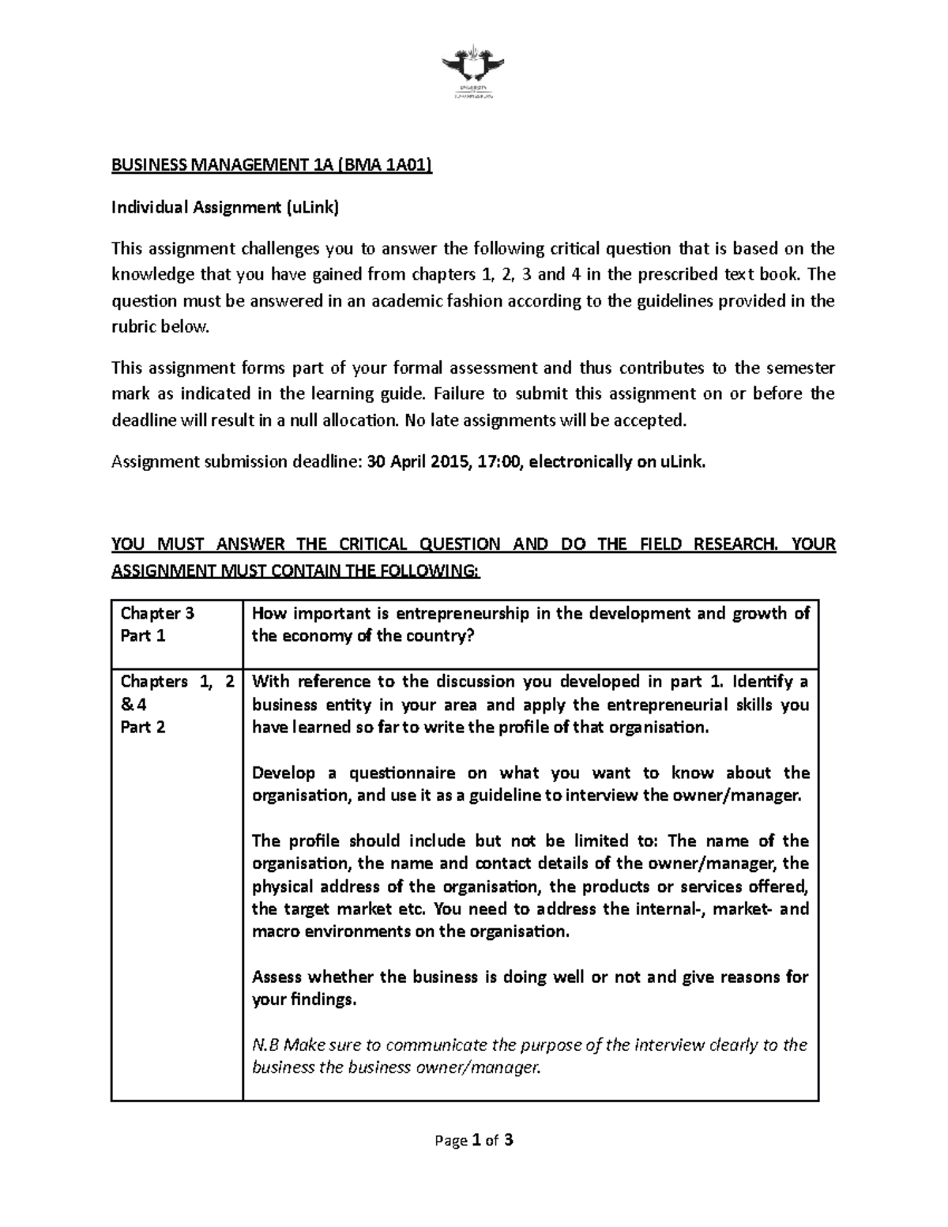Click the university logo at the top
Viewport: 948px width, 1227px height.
(473, 75)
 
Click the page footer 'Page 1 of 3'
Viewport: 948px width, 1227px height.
(473, 1140)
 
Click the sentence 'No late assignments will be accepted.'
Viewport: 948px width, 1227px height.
(546, 420)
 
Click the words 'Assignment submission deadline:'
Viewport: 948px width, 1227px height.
(234, 462)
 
